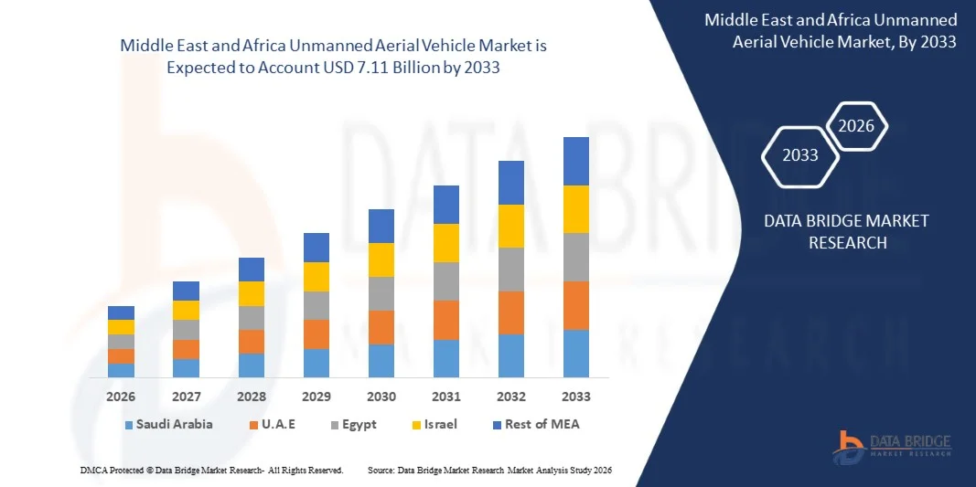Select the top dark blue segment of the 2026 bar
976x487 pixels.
pyautogui.click(x=121, y=312)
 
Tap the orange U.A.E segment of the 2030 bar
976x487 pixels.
pyautogui.click(x=381, y=327)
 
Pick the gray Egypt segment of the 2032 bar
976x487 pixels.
pyautogui.click(x=510, y=270)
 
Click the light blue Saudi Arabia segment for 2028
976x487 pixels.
pyautogui.click(x=251, y=365)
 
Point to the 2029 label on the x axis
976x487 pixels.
pyautogui.click(x=316, y=397)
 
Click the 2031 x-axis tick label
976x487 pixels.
pyautogui.click(x=445, y=397)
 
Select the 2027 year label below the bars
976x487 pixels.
pyautogui.click(x=186, y=397)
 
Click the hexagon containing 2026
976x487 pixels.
pyautogui.click(x=857, y=127)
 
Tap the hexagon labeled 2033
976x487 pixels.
pyautogui.click(x=800, y=155)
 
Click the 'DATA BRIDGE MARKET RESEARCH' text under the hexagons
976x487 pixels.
pyautogui.click(x=832, y=231)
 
